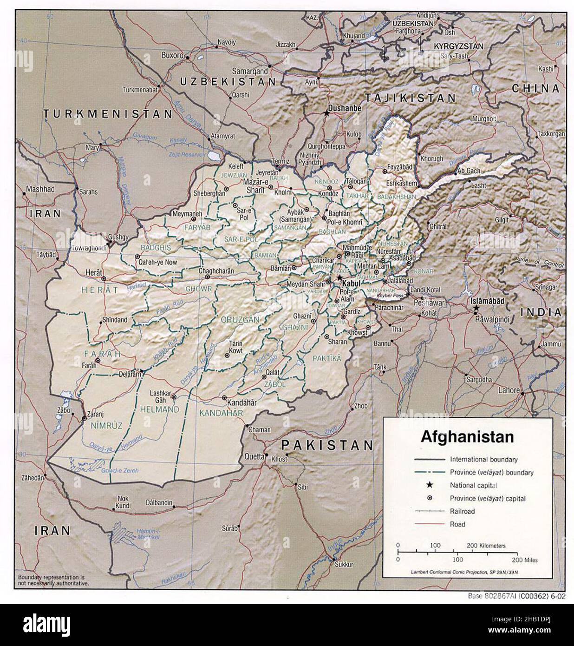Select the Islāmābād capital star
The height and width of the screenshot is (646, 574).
click(475, 308)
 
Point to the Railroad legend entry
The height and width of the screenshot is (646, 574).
click(462, 511)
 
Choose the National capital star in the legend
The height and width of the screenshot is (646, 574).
click(429, 485)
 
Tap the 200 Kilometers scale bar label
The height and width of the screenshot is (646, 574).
click(486, 546)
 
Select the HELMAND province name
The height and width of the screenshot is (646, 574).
click(159, 409)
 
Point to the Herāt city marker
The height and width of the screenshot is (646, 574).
click(104, 278)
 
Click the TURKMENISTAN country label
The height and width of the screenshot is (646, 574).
click(108, 113)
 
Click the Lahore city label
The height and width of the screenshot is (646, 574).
click(509, 390)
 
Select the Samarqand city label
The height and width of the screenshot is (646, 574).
click(250, 71)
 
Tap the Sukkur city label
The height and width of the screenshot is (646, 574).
click(343, 564)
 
